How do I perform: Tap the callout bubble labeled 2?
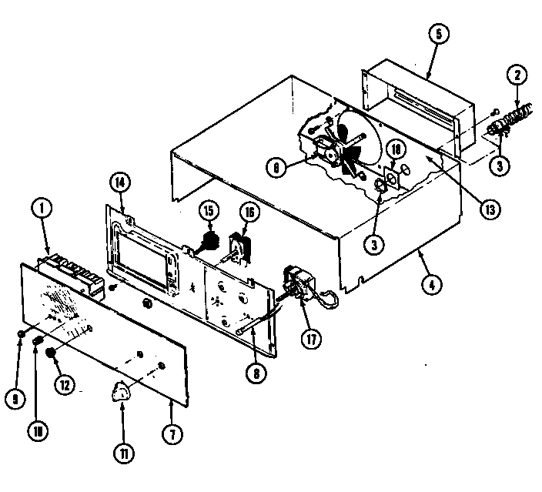(x=517, y=76)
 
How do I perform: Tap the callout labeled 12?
(x=67, y=383)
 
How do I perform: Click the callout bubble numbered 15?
(x=207, y=210)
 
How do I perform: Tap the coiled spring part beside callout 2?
(x=509, y=118)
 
